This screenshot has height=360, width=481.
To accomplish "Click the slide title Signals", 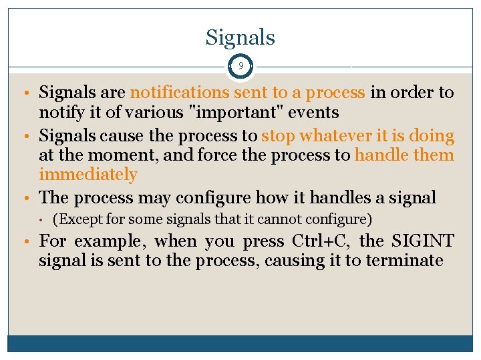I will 240,37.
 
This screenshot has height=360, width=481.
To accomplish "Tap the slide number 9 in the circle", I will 240,67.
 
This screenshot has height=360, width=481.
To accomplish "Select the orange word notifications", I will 174,93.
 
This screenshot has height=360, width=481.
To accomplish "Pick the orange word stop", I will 278,136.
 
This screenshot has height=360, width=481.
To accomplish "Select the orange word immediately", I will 88,175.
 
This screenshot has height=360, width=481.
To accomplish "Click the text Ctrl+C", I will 315,241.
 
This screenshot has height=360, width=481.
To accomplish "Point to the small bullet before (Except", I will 41,219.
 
